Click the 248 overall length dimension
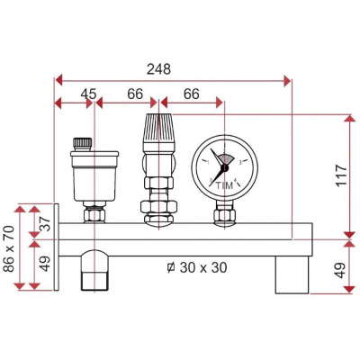point(158,69)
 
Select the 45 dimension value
point(88,94)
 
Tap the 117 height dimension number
point(341,175)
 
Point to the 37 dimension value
point(46,223)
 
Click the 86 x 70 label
point(9,248)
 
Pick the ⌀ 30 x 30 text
point(197,267)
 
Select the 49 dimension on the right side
point(341,270)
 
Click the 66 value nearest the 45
point(135,94)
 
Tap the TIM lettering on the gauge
point(225,185)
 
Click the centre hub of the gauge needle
point(225,168)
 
